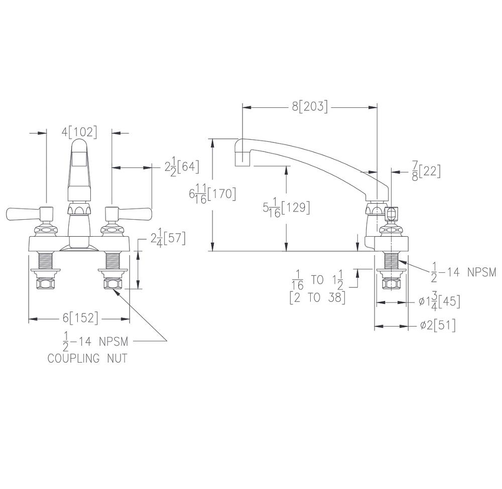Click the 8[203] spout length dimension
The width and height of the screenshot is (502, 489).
click(x=310, y=107)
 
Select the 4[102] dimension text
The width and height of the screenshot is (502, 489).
click(x=79, y=132)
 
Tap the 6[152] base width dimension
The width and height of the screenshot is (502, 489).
click(x=80, y=318)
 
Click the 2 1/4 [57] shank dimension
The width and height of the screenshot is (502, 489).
click(x=168, y=239)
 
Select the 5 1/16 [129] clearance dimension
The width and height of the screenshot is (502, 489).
click(x=286, y=207)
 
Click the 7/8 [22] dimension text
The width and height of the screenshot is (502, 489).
click(x=426, y=171)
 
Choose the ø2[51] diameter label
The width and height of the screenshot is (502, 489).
click(x=438, y=325)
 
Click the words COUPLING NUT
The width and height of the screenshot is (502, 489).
click(x=87, y=359)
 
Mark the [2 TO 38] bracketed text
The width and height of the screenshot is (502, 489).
click(x=317, y=297)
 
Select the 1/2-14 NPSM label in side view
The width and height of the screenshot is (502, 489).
click(x=463, y=272)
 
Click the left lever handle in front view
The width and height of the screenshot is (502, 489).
click(x=28, y=214)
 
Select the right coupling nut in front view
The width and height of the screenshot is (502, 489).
click(x=112, y=284)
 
